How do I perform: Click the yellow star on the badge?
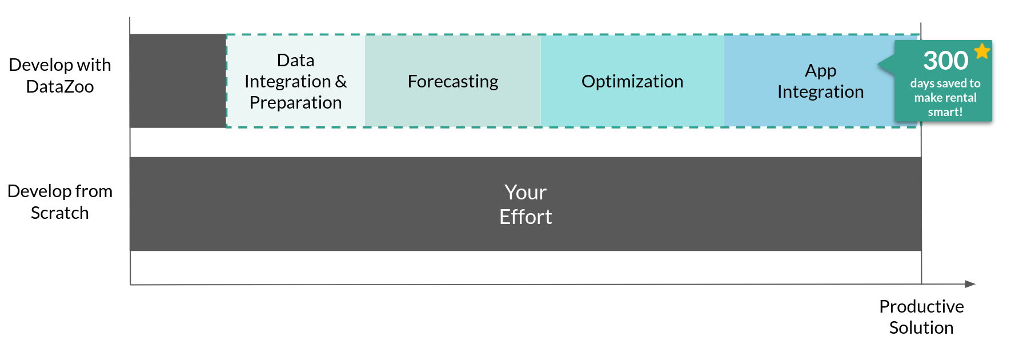click(982, 51)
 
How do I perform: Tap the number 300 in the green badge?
click(945, 61)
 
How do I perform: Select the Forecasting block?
click(453, 81)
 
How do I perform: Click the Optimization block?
click(632, 81)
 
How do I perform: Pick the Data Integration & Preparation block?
click(296, 81)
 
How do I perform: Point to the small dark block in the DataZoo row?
click(178, 81)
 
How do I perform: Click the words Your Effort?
click(525, 205)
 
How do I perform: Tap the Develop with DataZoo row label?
click(60, 75)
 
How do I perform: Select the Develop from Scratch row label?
click(60, 202)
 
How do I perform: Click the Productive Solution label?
click(921, 317)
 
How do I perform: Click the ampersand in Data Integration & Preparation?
click(341, 82)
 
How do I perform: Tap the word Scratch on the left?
click(60, 213)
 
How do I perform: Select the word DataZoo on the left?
click(60, 86)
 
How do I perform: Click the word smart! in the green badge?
click(945, 112)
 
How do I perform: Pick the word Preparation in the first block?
click(296, 103)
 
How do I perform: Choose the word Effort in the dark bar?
click(525, 217)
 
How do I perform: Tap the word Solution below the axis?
click(921, 327)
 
